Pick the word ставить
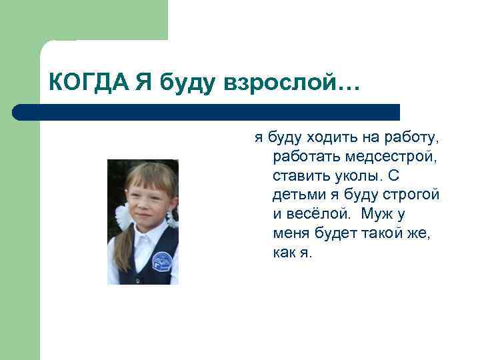point(299,177)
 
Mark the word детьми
point(295,196)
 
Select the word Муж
point(393,215)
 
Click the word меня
point(291,235)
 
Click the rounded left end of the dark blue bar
point(18,111)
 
